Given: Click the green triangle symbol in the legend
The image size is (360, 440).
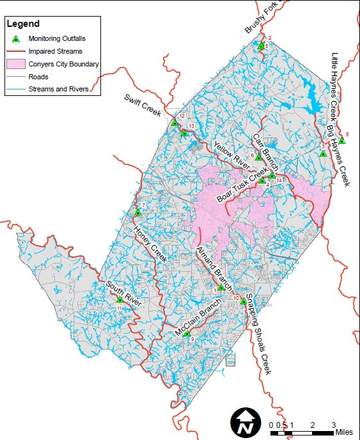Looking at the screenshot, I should (16, 39).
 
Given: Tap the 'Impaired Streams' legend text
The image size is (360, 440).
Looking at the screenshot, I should (54, 51).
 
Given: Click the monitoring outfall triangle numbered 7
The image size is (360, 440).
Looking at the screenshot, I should (137, 212).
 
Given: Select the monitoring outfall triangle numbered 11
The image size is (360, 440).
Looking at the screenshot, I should (120, 299).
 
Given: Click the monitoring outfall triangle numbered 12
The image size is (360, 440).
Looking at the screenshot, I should (175, 122).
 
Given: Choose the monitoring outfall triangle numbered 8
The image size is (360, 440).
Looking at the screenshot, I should (342, 141).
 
